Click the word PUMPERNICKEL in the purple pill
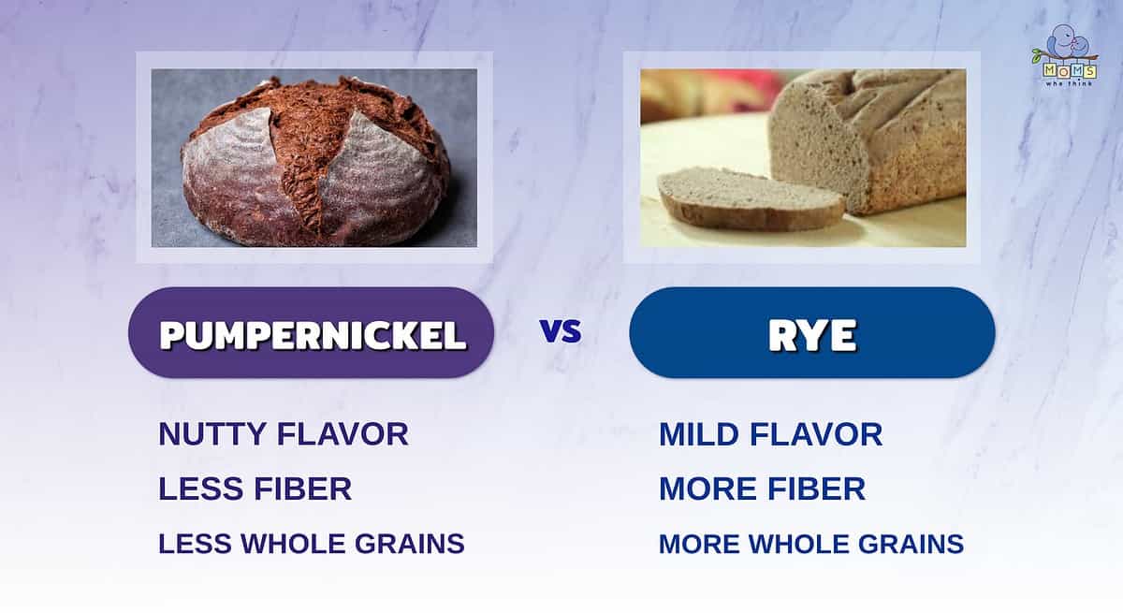(314, 335)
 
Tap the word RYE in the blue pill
(812, 335)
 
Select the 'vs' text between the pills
(561, 331)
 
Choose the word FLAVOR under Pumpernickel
(343, 434)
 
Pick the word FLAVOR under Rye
(816, 434)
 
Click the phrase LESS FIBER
(255, 489)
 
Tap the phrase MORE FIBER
(762, 489)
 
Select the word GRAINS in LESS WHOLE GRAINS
(410, 544)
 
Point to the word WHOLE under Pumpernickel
(293, 544)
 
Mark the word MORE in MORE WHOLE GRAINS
(699, 545)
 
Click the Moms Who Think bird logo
(1069, 55)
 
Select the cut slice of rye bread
(751, 199)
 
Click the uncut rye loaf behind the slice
(868, 141)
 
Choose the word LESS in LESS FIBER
(201, 489)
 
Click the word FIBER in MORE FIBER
(817, 489)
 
